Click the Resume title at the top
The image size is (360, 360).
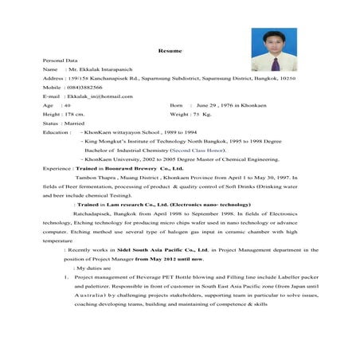(179, 49)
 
